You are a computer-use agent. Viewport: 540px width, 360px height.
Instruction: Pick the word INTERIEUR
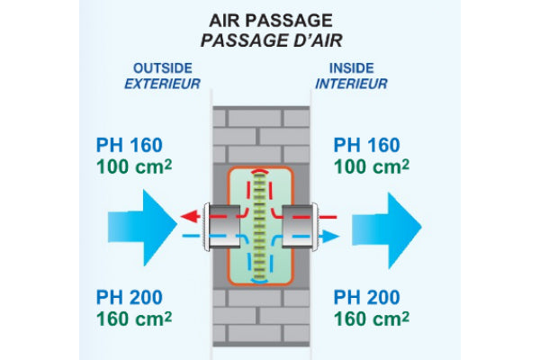pyautogui.click(x=352, y=85)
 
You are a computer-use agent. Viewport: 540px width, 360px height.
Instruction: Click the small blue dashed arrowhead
pyautogui.click(x=332, y=236)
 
